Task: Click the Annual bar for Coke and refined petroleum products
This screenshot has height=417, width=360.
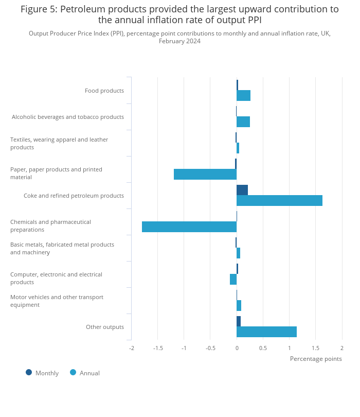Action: [279, 201]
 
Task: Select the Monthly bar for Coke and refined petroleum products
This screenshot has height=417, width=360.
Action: [242, 190]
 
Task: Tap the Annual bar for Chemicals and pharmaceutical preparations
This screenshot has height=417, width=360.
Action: [189, 227]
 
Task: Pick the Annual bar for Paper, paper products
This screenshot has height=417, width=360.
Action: [205, 175]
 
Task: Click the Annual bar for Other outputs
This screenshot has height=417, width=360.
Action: [266, 332]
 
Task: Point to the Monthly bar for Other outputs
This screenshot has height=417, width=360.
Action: [239, 321]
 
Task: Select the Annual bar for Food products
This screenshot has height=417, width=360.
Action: [243, 96]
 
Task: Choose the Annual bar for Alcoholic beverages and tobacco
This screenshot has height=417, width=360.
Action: [243, 122]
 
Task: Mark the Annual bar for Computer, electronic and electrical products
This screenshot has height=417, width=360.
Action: [233, 280]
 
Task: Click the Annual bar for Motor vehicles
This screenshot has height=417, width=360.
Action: [239, 306]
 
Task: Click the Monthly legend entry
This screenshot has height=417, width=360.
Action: [46, 373]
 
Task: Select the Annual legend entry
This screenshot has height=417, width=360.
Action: [89, 373]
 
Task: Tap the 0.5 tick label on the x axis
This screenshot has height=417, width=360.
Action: [263, 348]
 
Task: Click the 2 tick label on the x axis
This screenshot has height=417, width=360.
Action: [342, 348]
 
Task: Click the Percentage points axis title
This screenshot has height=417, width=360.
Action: [316, 359]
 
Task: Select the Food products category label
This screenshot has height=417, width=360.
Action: [104, 91]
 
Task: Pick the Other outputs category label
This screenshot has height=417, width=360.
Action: [105, 327]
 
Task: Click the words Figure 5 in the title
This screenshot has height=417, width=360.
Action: [39, 9]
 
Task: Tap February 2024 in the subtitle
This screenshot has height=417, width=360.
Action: [179, 41]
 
